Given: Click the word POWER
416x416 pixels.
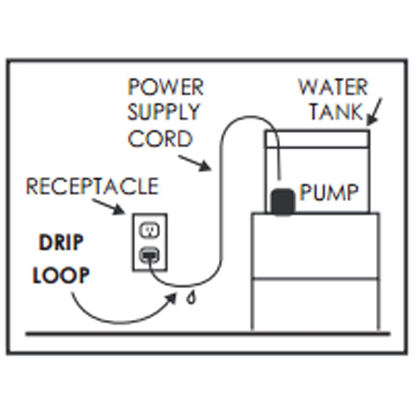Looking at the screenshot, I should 165,87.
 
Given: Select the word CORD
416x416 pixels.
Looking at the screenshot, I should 160,138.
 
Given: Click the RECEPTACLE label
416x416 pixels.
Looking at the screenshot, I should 92,186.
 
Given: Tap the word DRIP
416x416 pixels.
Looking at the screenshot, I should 60,243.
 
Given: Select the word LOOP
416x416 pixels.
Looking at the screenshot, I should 60,276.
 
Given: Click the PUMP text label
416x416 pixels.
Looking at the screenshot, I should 329,193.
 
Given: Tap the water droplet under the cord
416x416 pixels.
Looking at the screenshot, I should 192,298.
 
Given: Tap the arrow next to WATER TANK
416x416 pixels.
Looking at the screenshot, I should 375,111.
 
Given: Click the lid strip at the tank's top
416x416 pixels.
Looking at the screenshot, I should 317,138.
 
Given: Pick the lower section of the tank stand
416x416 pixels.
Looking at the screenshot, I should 315,305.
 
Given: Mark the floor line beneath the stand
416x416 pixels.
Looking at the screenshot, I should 208,333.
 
